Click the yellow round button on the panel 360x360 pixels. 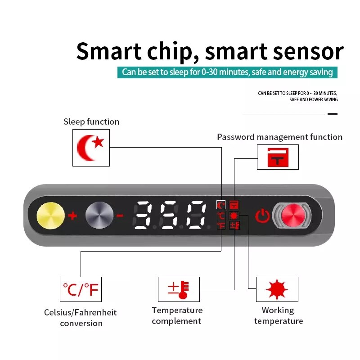[x=50, y=216]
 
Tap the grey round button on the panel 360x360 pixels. [x=99, y=216]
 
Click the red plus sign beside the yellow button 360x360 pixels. [x=72, y=216]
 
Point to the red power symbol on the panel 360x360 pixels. [x=262, y=216]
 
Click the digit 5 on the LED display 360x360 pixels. [x=170, y=215]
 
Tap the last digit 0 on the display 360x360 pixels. [x=196, y=215]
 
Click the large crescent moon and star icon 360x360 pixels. [x=90, y=148]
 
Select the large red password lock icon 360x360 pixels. [x=278, y=157]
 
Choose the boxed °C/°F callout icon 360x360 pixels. [x=81, y=289]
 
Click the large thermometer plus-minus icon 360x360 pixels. [x=178, y=289]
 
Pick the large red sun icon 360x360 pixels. [x=277, y=289]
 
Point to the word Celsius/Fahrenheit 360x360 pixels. [x=81, y=312]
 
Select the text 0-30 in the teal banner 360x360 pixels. [x=209, y=72]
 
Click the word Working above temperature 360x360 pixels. [x=278, y=310]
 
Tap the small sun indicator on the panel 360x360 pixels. [x=234, y=216]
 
